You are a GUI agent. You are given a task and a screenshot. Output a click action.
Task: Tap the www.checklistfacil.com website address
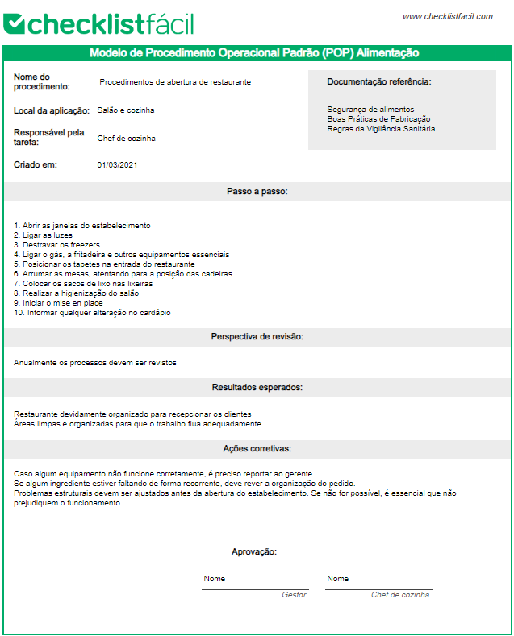click(x=447, y=16)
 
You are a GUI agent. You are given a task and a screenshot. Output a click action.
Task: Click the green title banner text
click(x=254, y=53)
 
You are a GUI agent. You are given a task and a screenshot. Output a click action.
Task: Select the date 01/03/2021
click(x=118, y=165)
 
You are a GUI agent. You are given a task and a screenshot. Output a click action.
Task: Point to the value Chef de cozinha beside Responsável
click(x=126, y=139)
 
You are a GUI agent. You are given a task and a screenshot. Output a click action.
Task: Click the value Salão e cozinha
click(x=126, y=110)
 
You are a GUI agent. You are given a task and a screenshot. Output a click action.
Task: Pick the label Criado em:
click(x=36, y=165)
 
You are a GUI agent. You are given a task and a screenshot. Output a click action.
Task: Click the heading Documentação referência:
click(x=378, y=82)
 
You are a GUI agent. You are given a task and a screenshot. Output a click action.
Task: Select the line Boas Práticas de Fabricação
click(x=378, y=119)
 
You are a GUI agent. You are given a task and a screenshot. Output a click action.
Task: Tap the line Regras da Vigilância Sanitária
click(x=381, y=129)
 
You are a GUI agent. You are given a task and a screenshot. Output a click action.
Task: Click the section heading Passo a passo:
click(x=257, y=192)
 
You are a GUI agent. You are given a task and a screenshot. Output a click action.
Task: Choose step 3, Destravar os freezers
click(x=56, y=244)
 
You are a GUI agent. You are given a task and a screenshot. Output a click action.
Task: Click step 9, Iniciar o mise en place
click(x=64, y=303)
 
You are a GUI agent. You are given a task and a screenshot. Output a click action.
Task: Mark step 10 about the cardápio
click(x=92, y=313)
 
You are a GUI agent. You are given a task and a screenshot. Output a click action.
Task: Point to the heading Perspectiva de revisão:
click(x=257, y=336)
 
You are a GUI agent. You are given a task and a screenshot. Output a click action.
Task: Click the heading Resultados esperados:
click(x=257, y=388)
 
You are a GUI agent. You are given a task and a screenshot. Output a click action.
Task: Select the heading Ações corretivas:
click(x=257, y=448)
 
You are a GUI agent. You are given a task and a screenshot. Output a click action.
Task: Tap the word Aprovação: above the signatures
click(x=254, y=552)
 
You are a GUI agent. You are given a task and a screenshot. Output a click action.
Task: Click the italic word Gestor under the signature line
click(x=294, y=595)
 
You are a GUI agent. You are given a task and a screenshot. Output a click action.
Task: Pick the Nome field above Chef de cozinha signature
click(x=338, y=579)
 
